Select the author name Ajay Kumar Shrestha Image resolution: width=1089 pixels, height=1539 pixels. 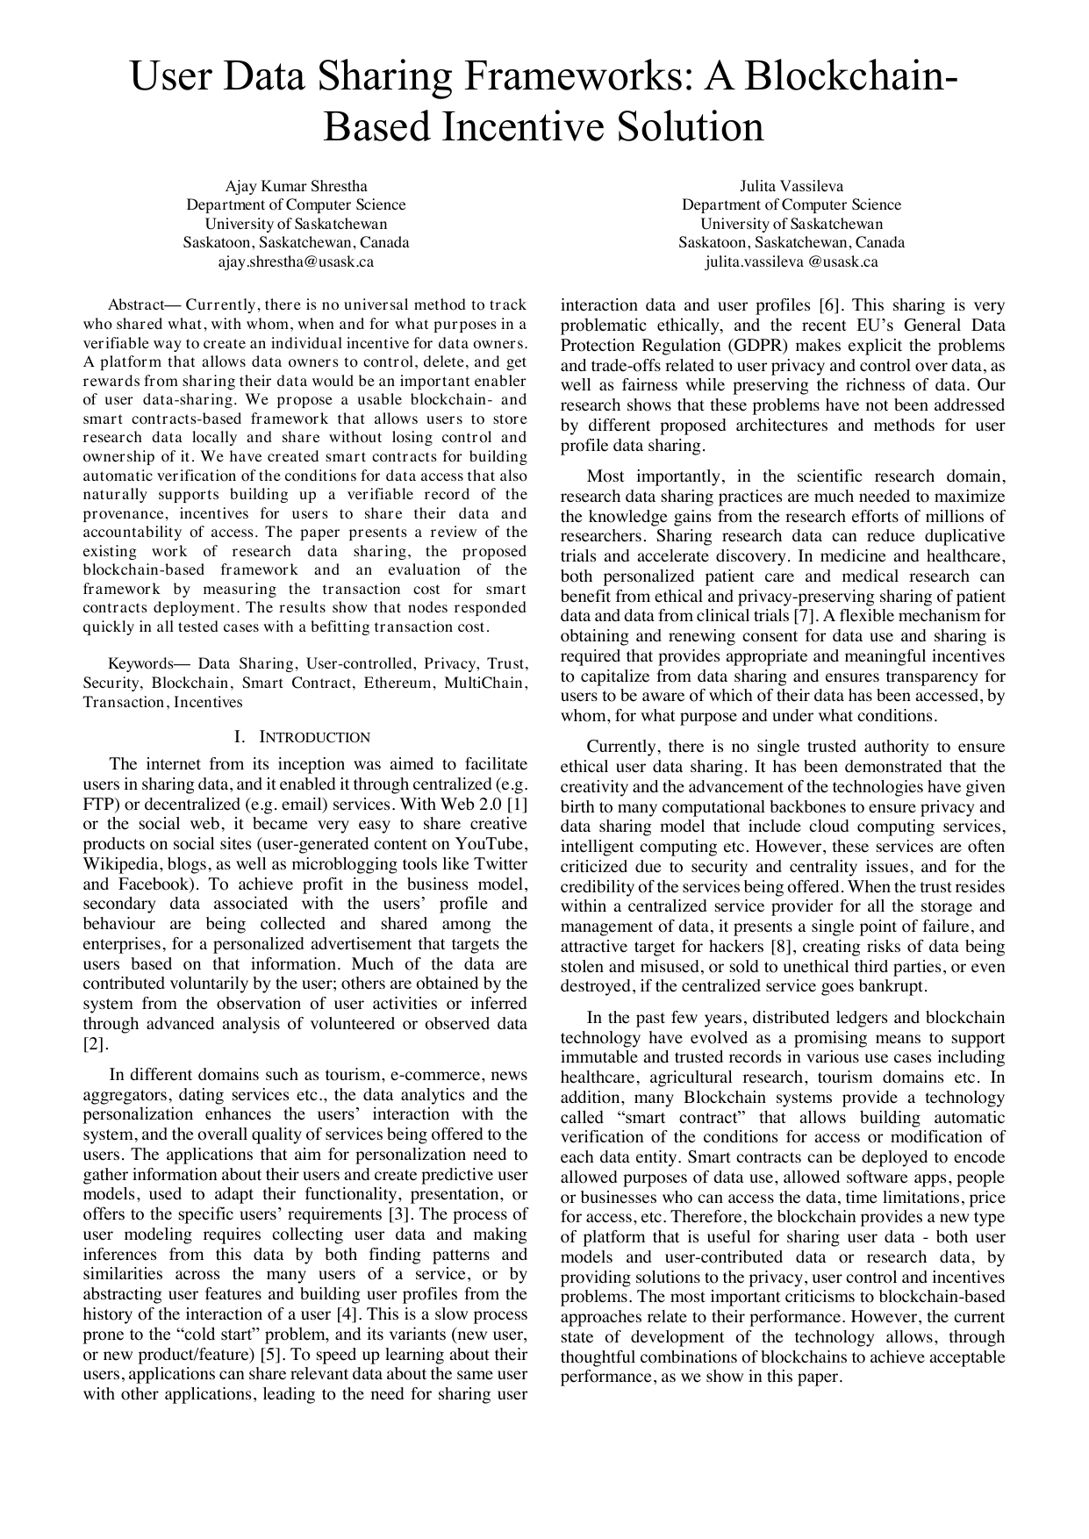[x=296, y=186]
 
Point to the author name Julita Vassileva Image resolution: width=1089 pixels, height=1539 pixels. [x=791, y=186]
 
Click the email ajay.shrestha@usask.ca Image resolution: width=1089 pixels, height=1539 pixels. [x=296, y=261]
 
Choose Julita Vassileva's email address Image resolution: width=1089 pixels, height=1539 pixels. [x=791, y=261]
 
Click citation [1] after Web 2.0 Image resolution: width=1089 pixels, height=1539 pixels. [x=518, y=804]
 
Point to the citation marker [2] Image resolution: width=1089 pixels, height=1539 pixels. [x=95, y=1044]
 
